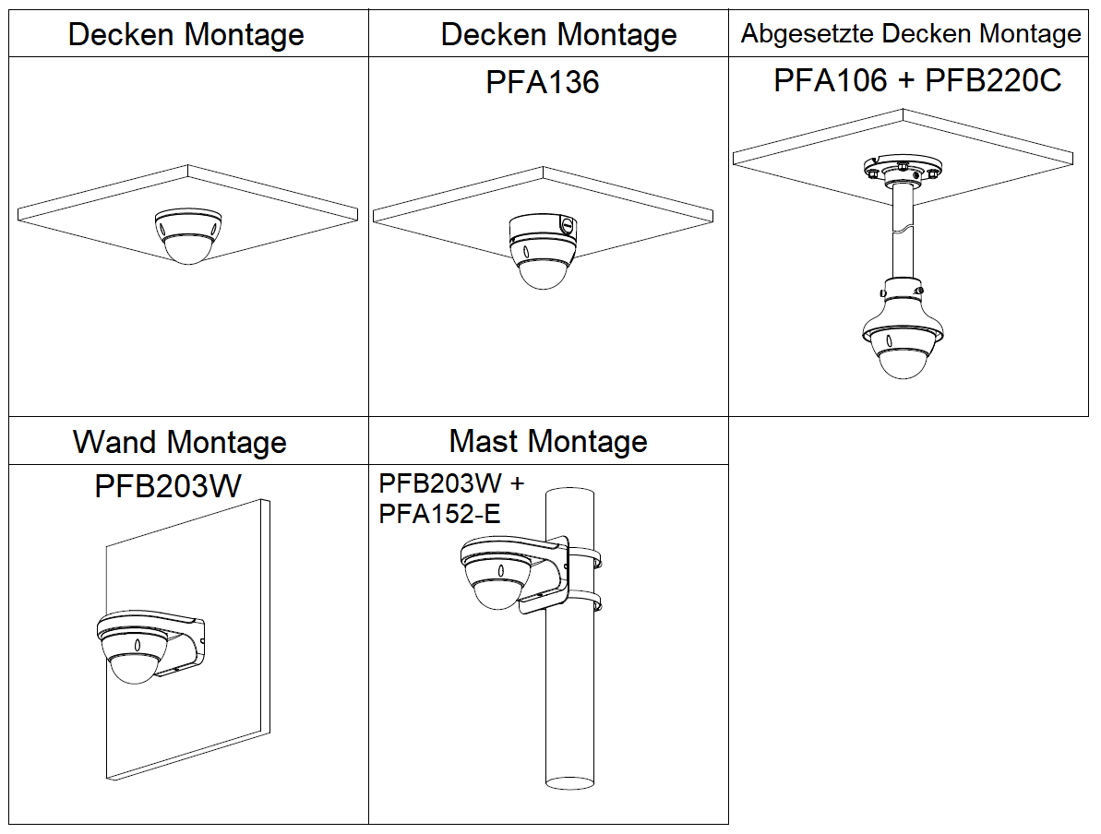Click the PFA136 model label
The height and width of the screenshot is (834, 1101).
(x=543, y=82)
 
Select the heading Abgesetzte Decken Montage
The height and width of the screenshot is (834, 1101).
(x=911, y=34)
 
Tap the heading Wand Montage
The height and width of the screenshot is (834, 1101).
(x=180, y=442)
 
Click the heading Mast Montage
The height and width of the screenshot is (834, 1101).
(x=548, y=441)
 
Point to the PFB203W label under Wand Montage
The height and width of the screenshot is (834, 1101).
(x=167, y=486)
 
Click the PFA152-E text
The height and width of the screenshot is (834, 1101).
(x=439, y=514)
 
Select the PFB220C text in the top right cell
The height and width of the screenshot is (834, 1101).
(x=993, y=80)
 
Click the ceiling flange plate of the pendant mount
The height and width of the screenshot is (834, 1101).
(x=901, y=170)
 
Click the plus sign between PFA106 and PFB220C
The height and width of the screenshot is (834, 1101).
(x=906, y=81)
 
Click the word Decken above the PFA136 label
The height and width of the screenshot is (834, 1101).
(x=492, y=34)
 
